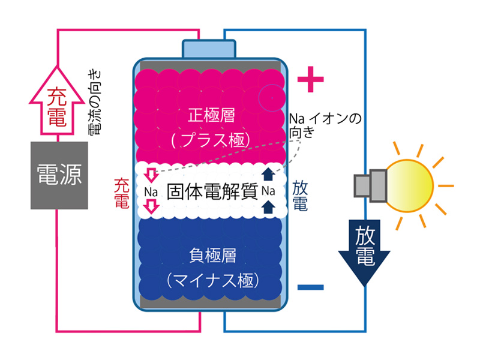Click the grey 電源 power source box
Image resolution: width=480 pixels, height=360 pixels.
click(59, 176)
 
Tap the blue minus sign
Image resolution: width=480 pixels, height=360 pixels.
click(311, 287)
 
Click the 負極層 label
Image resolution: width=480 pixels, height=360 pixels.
click(211, 255)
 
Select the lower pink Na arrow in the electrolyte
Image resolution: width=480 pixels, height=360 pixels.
click(152, 208)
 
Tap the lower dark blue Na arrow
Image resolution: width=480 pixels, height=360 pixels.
click(268, 206)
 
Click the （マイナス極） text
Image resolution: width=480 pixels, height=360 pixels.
click(211, 280)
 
